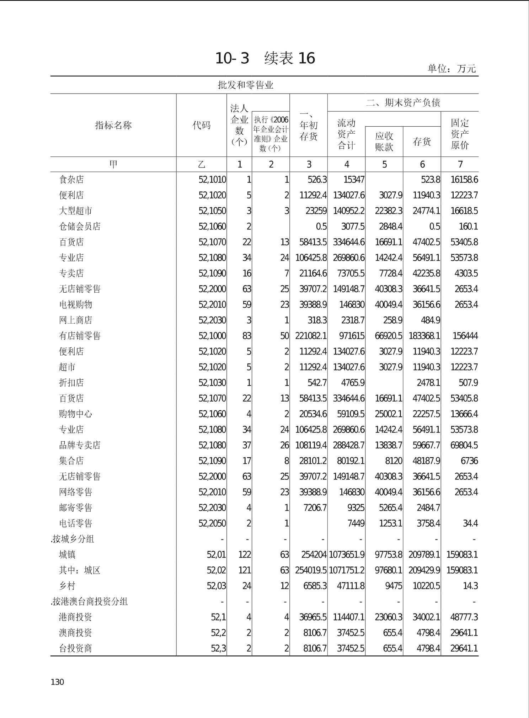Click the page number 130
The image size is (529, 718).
click(x=57, y=682)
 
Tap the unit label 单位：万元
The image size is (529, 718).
click(x=451, y=68)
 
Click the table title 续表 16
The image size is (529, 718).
click(x=289, y=58)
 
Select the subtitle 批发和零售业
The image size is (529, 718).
click(x=245, y=85)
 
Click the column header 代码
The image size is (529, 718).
click(x=201, y=125)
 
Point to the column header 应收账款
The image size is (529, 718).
click(x=384, y=142)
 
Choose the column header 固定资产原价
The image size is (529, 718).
click(x=460, y=134)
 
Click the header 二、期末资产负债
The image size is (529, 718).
click(x=403, y=103)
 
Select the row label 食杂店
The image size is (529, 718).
click(x=71, y=180)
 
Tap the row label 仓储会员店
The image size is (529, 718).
click(x=80, y=227)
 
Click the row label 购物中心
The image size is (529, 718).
click(x=75, y=414)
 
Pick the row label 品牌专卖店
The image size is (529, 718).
click(x=80, y=445)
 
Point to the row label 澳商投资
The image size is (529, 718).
click(x=75, y=633)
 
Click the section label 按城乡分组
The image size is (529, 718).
click(x=73, y=539)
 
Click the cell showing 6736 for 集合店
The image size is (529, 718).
click(x=469, y=461)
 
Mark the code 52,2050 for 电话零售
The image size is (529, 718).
click(x=212, y=523)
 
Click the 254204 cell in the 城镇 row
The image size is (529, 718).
click(x=314, y=555)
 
